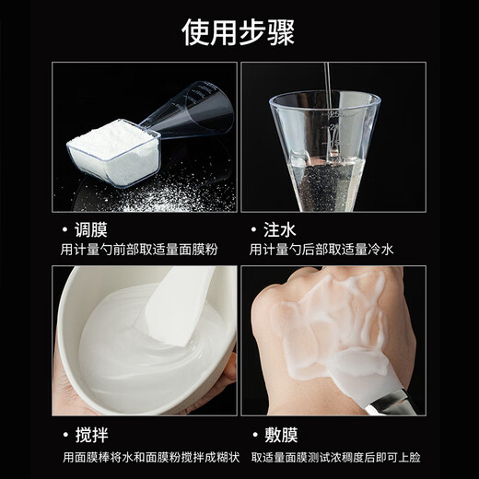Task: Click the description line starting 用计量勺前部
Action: [140, 250]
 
